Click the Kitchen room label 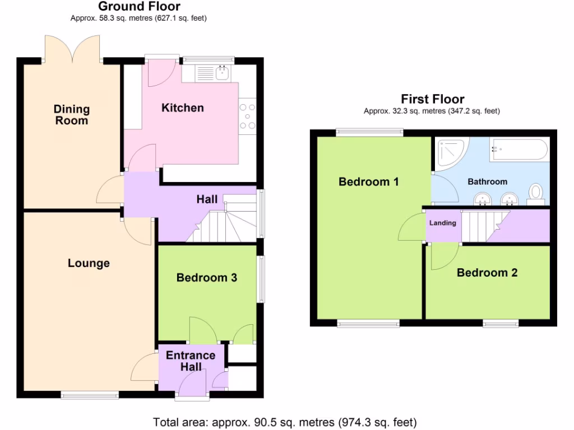[x=183, y=107]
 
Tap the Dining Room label [x=72, y=115]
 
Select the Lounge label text [x=89, y=263]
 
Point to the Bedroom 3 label [x=206, y=277]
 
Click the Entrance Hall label [x=191, y=361]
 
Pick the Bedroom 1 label [x=368, y=181]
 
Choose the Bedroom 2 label [x=487, y=273]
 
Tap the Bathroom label [x=487, y=181]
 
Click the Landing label [x=442, y=223]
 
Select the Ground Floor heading [x=139, y=7]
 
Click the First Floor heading [x=432, y=99]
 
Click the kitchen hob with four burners [x=247, y=117]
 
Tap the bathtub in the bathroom [x=519, y=150]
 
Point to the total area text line [x=285, y=422]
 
